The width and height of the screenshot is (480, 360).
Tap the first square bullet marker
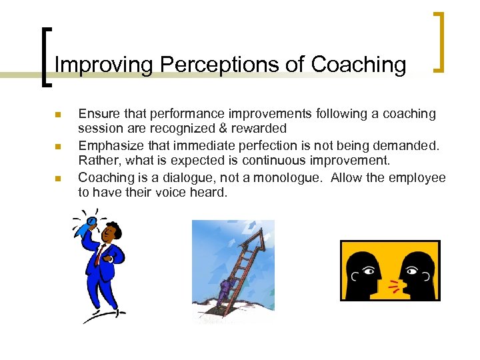[57, 115]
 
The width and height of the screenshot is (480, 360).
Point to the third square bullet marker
[57, 179]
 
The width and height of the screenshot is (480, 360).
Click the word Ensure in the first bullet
[98, 114]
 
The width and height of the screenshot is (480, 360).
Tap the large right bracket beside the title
[439, 41]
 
